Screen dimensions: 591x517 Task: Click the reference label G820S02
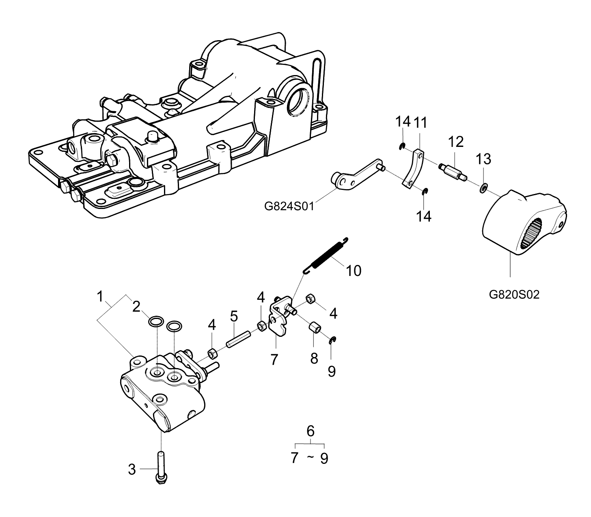[x=514, y=295]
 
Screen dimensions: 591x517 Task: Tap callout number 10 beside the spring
[x=353, y=271]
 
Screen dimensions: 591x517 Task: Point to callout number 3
[x=132, y=470]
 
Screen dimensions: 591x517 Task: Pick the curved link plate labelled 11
[x=413, y=169]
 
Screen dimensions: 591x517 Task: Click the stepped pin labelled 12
[x=452, y=172]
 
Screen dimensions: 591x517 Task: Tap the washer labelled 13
[x=483, y=188]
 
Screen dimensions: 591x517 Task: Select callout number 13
[x=483, y=159]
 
